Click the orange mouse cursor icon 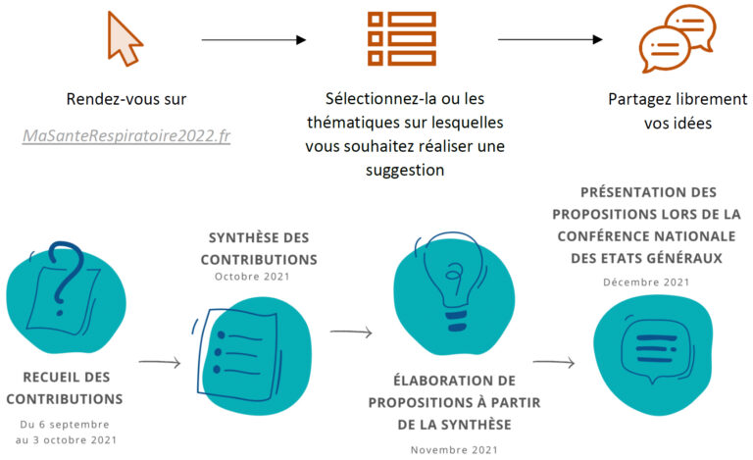point(124,38)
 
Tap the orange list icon point(402,38)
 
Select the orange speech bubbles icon point(678,38)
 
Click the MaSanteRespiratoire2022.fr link point(126,136)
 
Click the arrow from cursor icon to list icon point(254,40)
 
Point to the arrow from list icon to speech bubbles point(550,39)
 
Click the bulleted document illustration point(238,354)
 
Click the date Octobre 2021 point(252,277)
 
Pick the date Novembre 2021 point(454,450)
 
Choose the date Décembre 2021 point(646,282)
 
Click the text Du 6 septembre point(65,425)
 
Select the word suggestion point(405,171)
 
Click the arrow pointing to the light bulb point(351,332)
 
